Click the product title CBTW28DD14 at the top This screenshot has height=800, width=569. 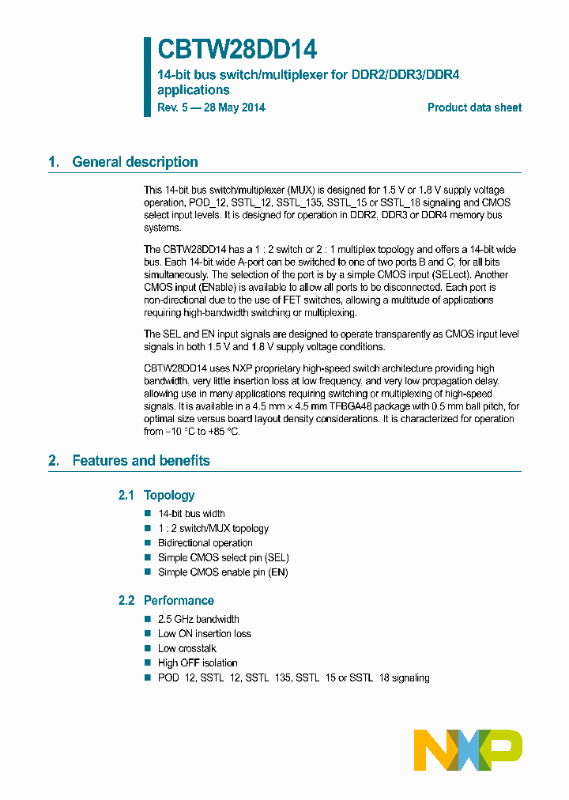pos(237,50)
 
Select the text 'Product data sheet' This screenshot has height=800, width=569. pos(474,108)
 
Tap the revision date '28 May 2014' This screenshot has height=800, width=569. pos(235,108)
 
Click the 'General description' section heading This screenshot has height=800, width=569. pos(135,162)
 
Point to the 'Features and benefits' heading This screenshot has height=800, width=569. pos(141,461)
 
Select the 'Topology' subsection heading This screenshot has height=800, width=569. pos(169,496)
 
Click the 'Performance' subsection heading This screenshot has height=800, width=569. pos(179,601)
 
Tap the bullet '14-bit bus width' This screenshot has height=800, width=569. pos(191,514)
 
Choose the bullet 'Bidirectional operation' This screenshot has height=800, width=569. pos(205,543)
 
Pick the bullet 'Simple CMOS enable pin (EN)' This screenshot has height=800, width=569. pos(223,572)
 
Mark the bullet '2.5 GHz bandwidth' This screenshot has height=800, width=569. pos(198,619)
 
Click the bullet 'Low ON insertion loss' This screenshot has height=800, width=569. pos(205,634)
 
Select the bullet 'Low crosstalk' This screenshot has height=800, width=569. pos(187,648)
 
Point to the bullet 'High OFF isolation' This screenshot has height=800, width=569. pos(198,663)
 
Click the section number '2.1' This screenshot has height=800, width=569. pos(126,496)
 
